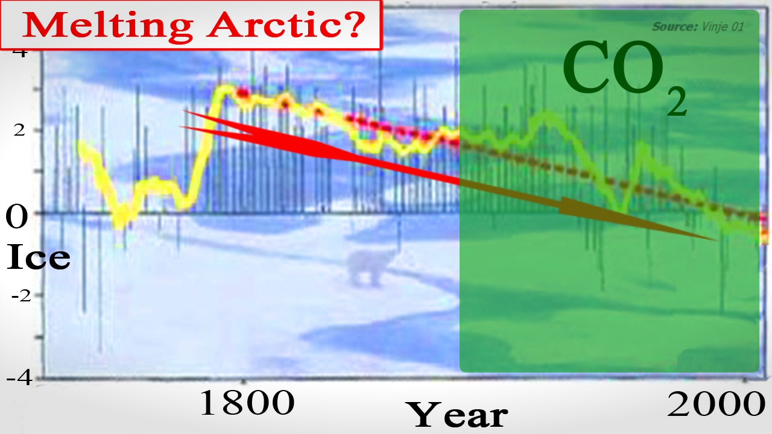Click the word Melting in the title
click(x=107, y=25)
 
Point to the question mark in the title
click(x=352, y=24)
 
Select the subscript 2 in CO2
click(x=677, y=101)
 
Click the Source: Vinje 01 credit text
click(x=698, y=27)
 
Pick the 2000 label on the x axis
click(x=716, y=404)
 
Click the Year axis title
click(x=457, y=415)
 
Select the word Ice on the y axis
click(x=38, y=257)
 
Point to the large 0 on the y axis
click(x=16, y=216)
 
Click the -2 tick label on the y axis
click(x=21, y=296)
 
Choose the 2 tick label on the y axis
click(x=19, y=130)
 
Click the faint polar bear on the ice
click(x=370, y=268)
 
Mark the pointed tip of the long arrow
click(x=718, y=240)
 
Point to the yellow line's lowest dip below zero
click(x=119, y=225)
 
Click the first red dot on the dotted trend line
click(x=242, y=93)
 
